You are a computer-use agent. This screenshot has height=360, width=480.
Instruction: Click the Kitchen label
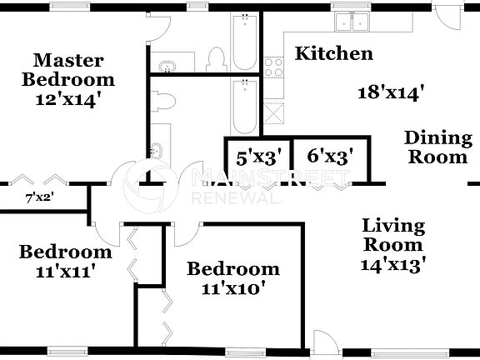333,55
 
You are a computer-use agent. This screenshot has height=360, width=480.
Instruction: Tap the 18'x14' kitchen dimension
385,92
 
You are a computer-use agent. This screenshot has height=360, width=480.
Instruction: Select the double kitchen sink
352,22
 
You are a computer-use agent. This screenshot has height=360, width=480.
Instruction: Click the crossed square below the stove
272,110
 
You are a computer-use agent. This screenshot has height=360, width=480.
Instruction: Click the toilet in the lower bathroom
164,102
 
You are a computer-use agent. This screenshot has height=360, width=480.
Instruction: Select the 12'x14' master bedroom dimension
68,99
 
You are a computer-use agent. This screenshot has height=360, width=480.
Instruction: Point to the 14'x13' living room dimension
393,267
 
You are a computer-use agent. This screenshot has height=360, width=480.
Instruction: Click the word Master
68,60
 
